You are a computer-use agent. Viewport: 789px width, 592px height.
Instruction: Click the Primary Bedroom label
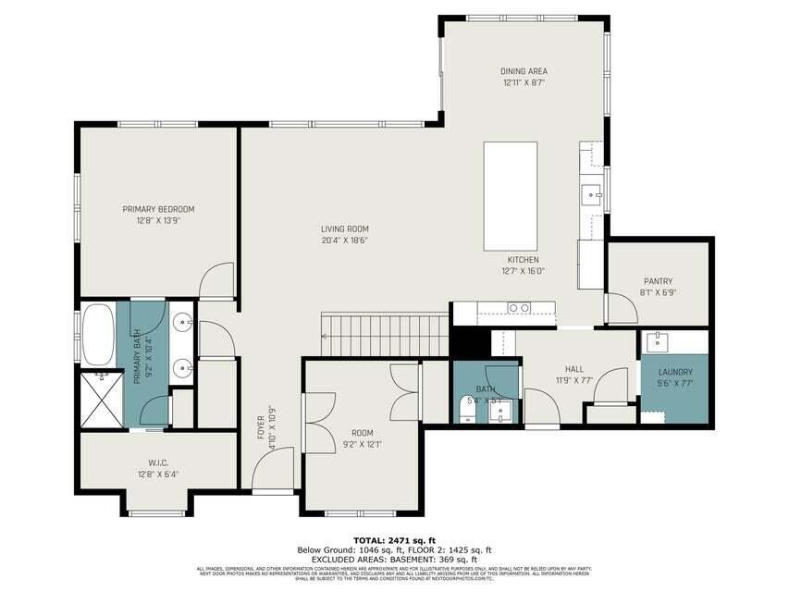tap(158, 209)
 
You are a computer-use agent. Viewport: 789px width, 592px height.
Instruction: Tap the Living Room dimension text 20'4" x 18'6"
tap(344, 240)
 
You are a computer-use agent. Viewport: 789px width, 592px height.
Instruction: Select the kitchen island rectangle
tap(511, 195)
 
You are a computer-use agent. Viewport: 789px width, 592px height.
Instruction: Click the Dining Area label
tap(524, 71)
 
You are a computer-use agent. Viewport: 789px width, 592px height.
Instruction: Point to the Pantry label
tap(658, 281)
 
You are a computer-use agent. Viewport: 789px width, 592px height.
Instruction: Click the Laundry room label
tap(674, 372)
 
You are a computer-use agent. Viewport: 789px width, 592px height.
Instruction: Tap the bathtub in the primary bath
tap(97, 333)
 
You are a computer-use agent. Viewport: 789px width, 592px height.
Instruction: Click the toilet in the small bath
tap(466, 408)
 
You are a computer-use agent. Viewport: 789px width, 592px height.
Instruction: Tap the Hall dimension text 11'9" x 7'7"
tap(573, 380)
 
